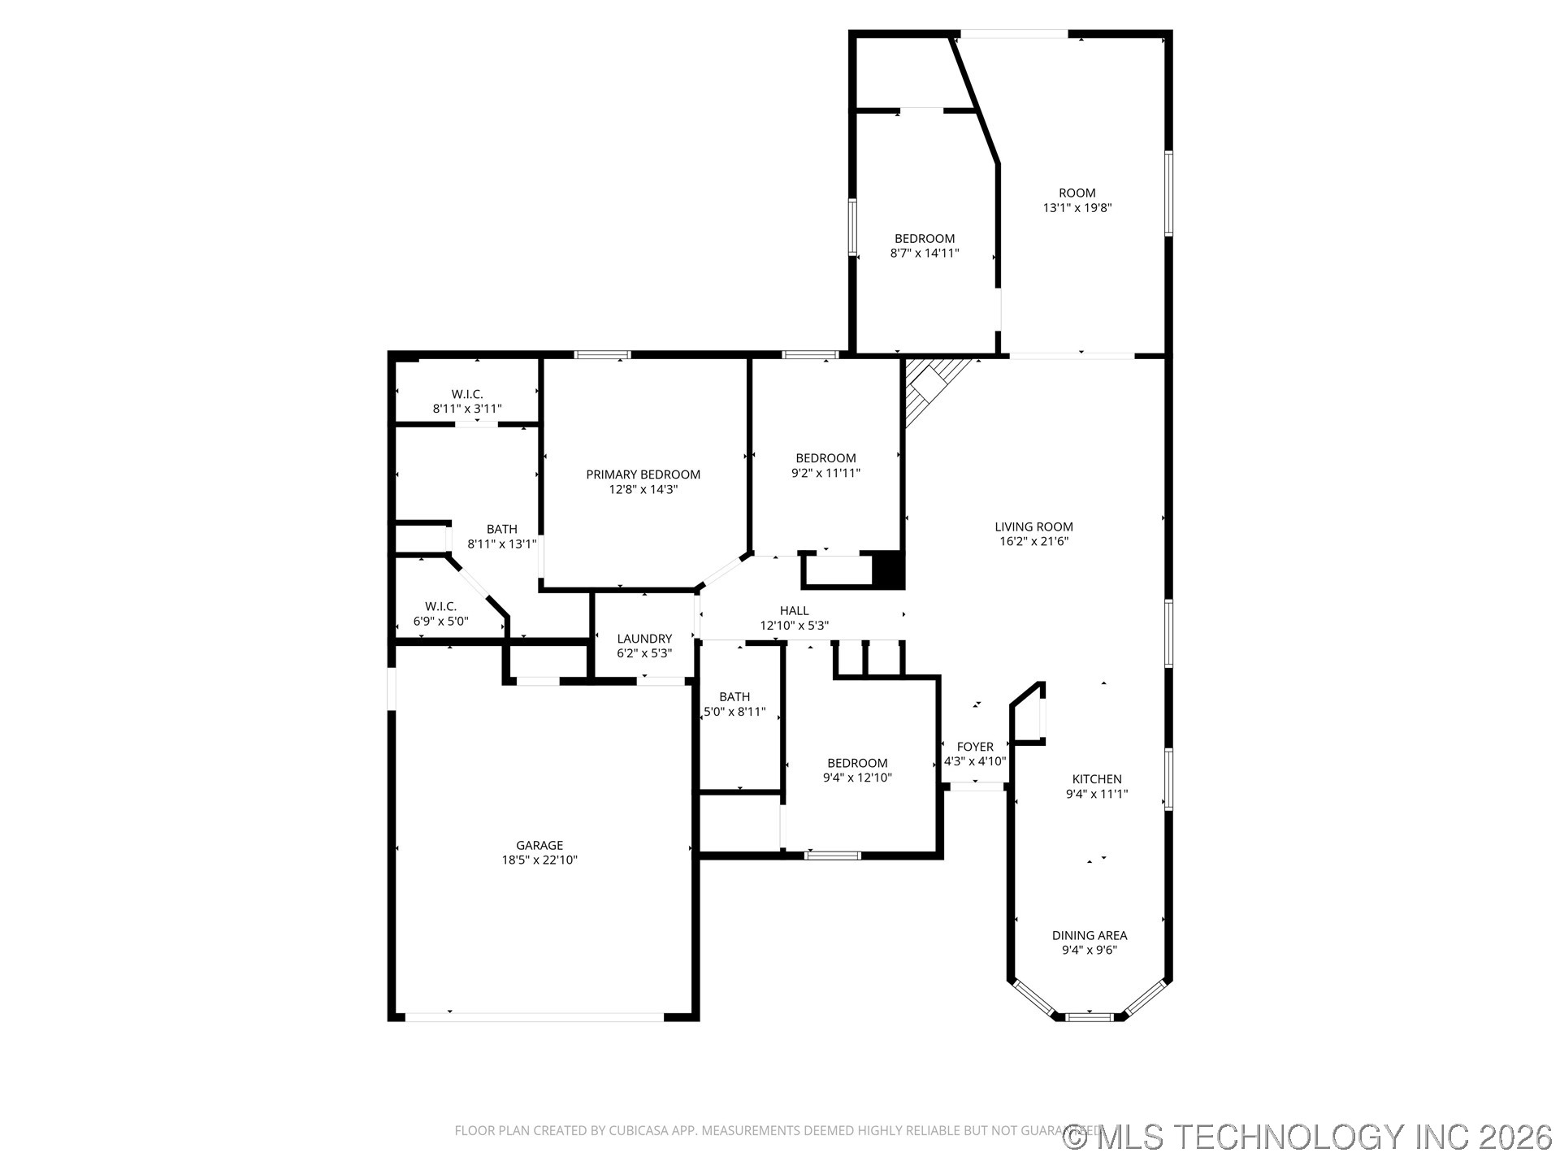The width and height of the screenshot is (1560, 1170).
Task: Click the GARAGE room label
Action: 539,845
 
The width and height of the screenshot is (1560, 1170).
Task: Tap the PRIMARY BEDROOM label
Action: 643,474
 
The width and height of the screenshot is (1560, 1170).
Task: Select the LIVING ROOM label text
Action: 1033,526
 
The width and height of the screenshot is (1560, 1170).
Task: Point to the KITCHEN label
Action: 1097,779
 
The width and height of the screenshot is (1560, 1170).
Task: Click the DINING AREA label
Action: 1089,935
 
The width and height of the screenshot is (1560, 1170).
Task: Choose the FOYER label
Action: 975,747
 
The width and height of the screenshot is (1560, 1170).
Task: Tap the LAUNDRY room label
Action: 643,639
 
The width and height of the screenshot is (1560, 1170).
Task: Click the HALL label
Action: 794,611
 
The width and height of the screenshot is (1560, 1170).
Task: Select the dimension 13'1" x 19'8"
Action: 1077,208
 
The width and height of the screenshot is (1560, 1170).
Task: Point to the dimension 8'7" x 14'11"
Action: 925,253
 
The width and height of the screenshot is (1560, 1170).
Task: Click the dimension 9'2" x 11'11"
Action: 825,473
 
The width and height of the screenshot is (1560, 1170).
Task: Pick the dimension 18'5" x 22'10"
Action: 539,860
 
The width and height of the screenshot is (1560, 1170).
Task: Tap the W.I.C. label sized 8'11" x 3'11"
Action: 467,394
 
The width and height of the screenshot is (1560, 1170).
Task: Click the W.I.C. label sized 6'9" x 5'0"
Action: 440,606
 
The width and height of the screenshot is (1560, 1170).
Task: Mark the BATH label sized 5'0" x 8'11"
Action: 734,697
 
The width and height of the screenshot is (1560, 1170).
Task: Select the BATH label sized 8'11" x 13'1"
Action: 502,529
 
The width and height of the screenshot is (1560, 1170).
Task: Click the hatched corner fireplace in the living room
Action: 930,385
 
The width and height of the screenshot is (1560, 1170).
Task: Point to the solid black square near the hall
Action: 888,569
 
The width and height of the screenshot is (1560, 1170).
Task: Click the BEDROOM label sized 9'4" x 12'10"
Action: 857,763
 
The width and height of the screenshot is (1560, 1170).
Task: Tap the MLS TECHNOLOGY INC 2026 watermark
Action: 1308,1137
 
